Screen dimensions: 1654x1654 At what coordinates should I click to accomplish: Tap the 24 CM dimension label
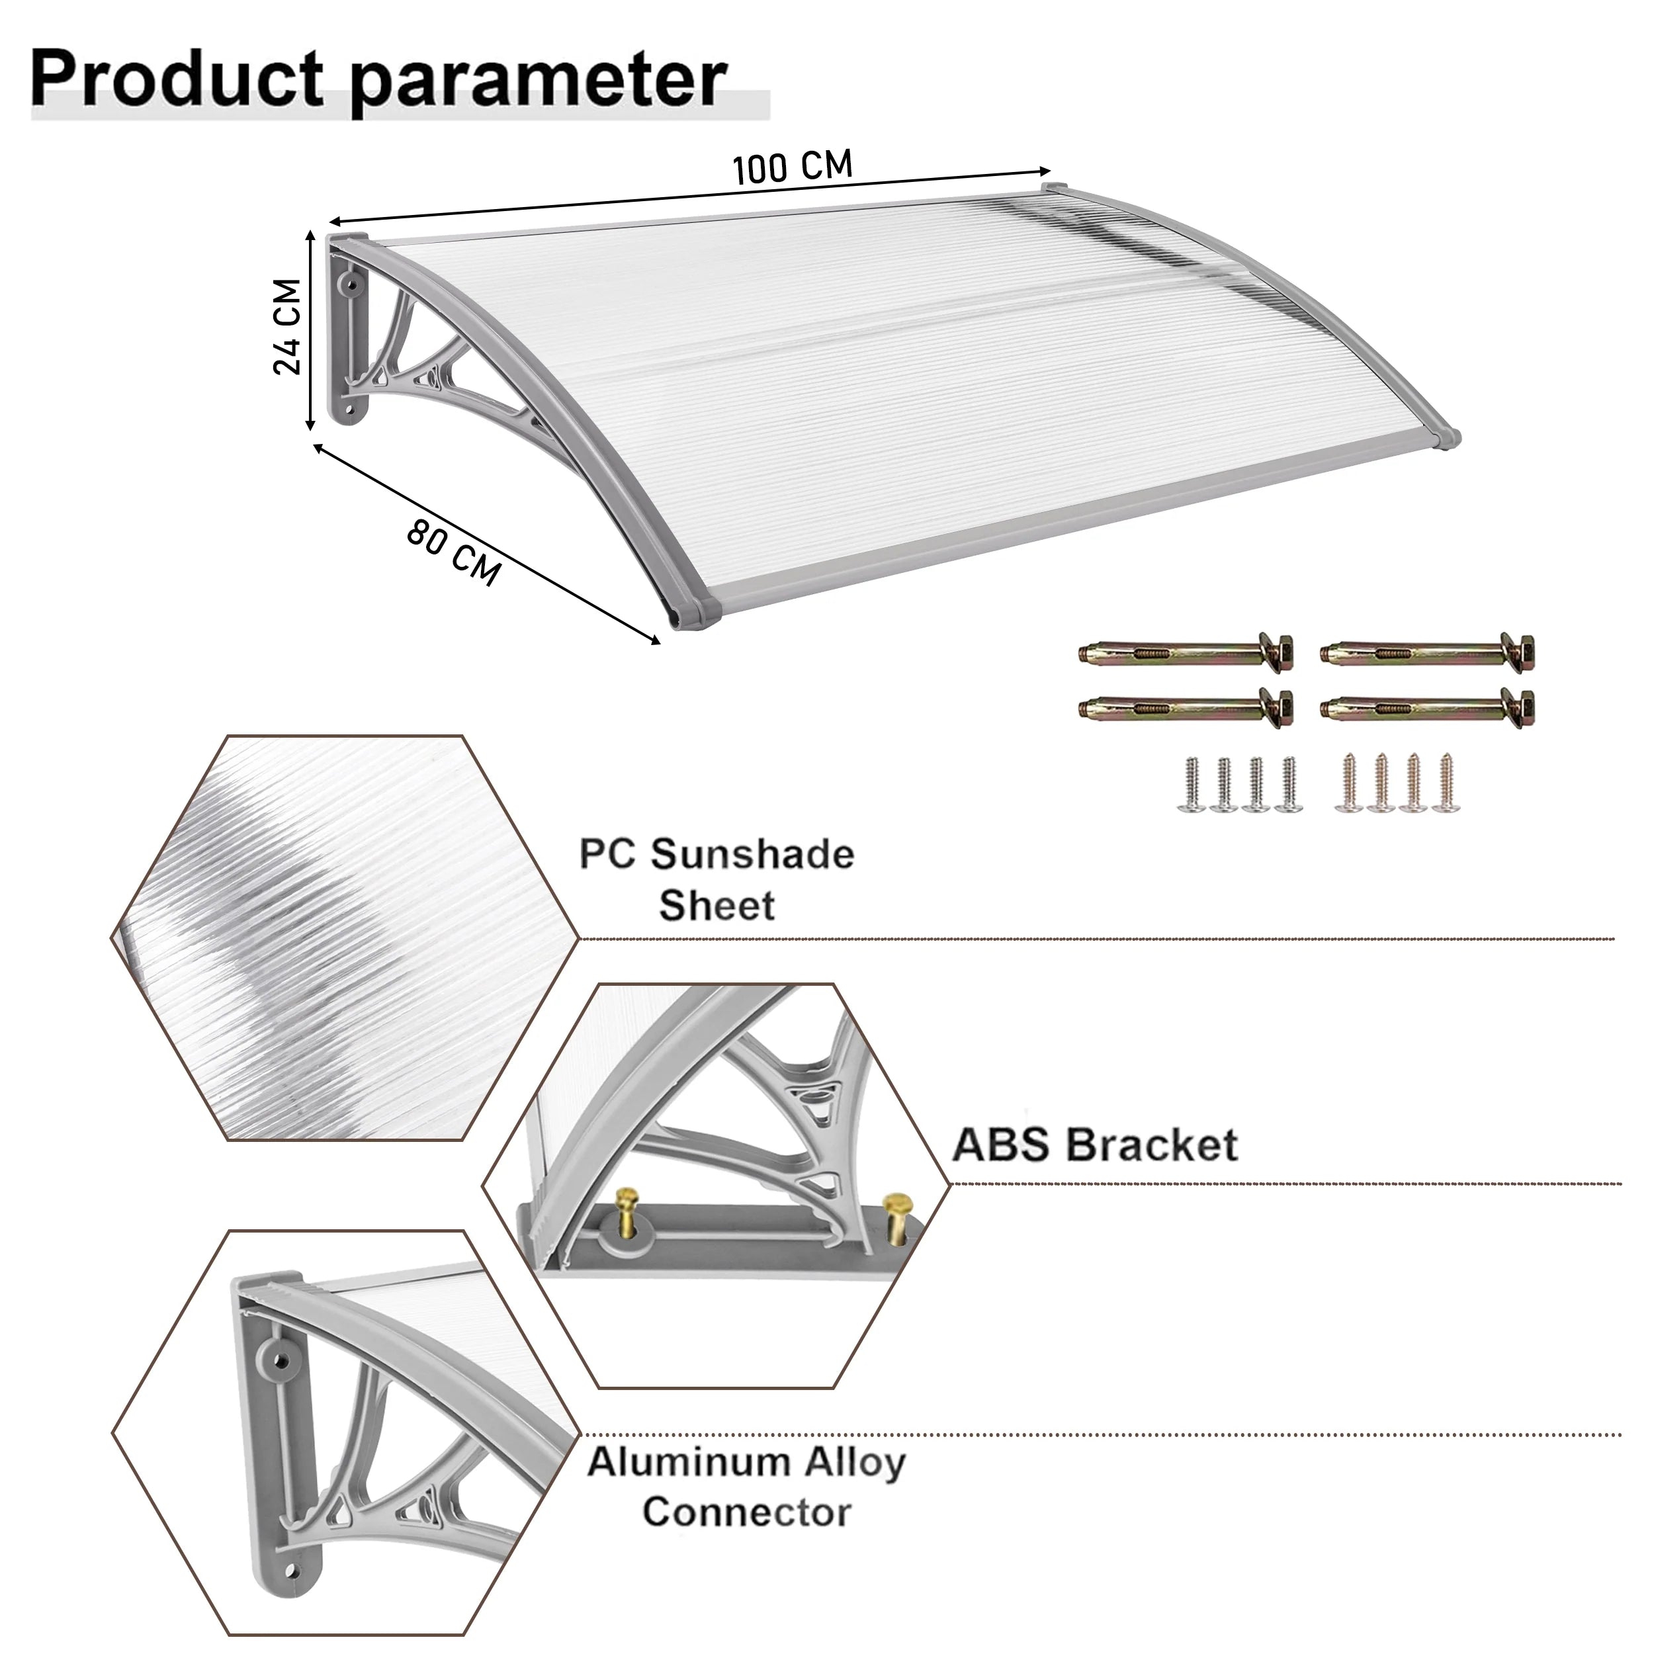[288, 326]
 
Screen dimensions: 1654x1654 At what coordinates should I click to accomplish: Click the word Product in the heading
[177, 79]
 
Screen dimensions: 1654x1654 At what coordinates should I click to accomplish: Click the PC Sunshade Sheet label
[717, 879]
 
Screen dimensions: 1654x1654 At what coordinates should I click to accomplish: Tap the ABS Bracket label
[1095, 1144]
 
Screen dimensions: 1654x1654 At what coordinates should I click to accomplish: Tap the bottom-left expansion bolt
[1186, 707]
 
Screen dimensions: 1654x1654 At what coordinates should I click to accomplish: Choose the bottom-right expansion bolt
[1427, 707]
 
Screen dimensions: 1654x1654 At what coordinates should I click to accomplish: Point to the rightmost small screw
[1447, 783]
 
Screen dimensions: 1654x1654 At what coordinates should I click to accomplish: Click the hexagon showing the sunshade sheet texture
[345, 938]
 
